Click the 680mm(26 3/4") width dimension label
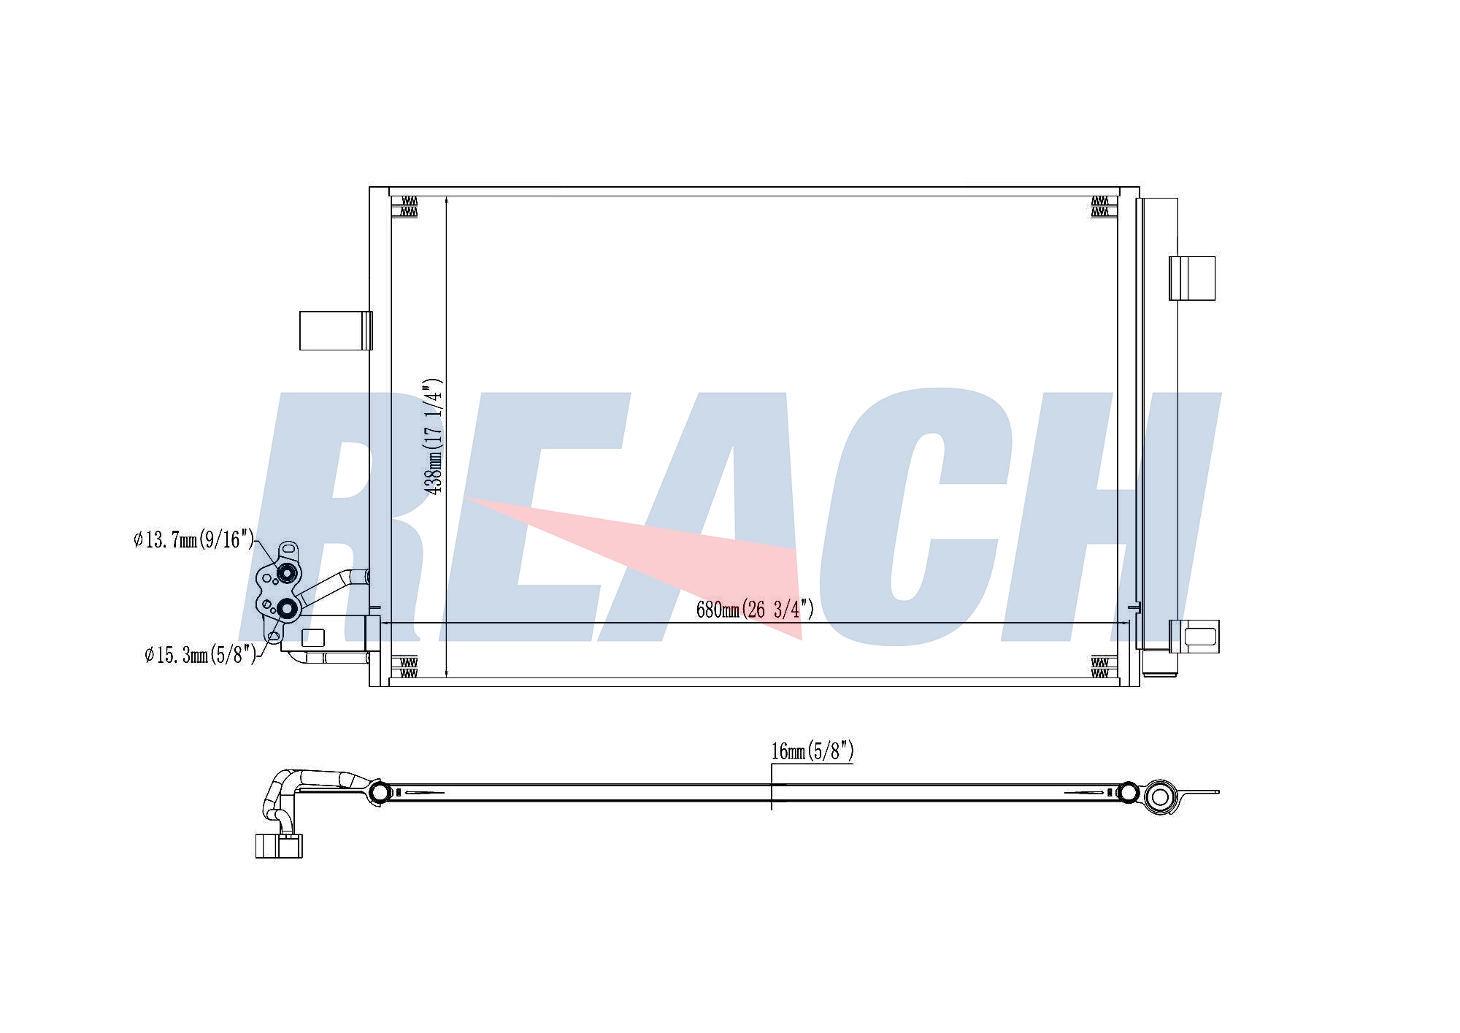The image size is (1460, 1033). [x=755, y=610]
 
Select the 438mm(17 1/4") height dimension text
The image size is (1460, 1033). [x=434, y=436]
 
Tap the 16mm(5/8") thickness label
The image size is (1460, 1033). [x=812, y=751]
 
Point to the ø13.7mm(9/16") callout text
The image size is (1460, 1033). [x=194, y=540]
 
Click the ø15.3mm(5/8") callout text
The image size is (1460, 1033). [x=201, y=655]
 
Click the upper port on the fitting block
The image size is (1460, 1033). [x=288, y=574]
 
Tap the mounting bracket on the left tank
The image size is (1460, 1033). [x=336, y=331]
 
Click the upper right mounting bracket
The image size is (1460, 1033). [x=1192, y=278]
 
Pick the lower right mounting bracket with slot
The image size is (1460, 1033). [x=1194, y=636]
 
